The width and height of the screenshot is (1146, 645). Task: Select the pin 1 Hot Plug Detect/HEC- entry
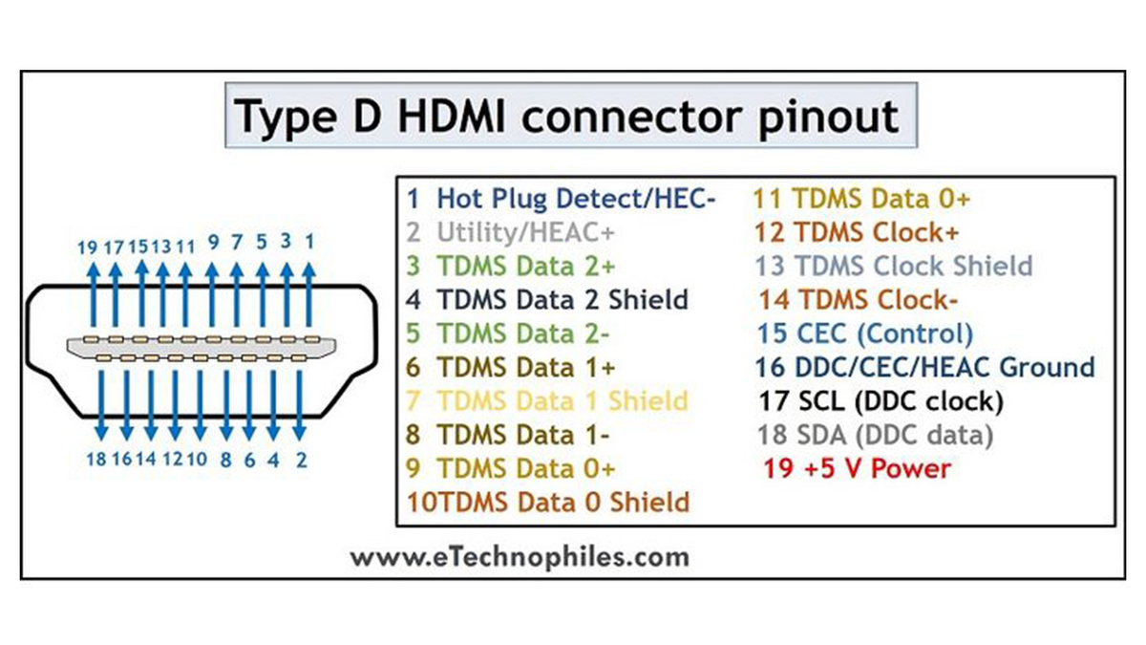561,199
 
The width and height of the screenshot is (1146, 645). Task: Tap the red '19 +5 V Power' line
857,468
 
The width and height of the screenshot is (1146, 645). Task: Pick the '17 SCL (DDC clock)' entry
881,400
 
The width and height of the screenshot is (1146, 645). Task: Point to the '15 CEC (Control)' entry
864,333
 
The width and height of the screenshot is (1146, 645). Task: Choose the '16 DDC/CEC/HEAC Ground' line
924,367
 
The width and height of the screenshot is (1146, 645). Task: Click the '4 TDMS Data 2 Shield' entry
547,299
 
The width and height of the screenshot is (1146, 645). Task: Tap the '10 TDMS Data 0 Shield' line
548,502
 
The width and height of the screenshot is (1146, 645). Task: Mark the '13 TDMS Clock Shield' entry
893,266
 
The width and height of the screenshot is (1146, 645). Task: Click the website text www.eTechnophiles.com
519,557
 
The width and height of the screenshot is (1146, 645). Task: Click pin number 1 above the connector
308,242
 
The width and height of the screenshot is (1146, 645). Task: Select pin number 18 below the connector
95,460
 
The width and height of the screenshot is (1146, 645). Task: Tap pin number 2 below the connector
301,460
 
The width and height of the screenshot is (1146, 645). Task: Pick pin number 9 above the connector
213,242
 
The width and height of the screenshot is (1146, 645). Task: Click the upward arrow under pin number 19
94,296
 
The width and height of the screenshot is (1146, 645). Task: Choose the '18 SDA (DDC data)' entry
875,435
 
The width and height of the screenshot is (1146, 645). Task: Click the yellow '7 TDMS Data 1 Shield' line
547,400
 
